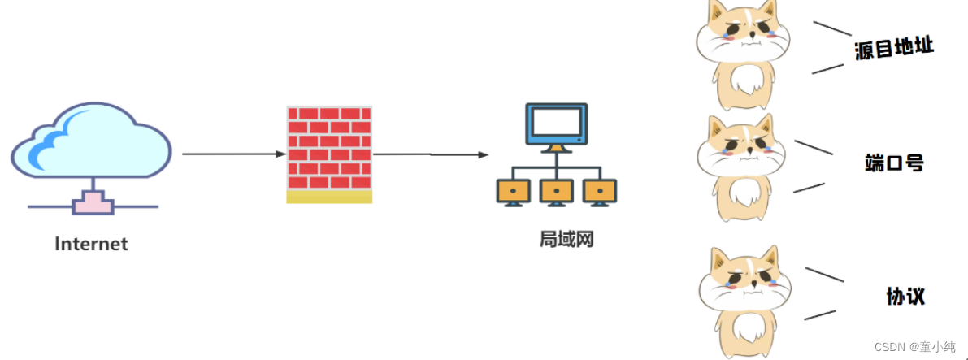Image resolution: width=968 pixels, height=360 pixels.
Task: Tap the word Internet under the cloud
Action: tap(91, 244)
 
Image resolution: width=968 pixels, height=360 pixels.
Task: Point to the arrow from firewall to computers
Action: tap(431, 154)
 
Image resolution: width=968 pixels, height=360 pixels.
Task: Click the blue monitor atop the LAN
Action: tap(556, 126)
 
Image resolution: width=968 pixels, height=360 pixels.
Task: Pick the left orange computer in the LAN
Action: tap(514, 192)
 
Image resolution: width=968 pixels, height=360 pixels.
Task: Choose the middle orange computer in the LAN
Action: tap(557, 192)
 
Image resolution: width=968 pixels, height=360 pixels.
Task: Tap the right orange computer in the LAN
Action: tap(600, 192)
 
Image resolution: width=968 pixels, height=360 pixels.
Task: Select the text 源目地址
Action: tap(894, 48)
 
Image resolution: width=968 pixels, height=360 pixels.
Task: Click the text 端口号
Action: tap(894, 163)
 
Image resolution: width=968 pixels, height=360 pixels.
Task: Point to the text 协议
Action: tap(905, 296)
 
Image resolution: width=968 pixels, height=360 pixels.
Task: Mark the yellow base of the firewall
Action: tap(329, 197)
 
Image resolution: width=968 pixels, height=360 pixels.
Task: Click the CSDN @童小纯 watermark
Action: tap(914, 347)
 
